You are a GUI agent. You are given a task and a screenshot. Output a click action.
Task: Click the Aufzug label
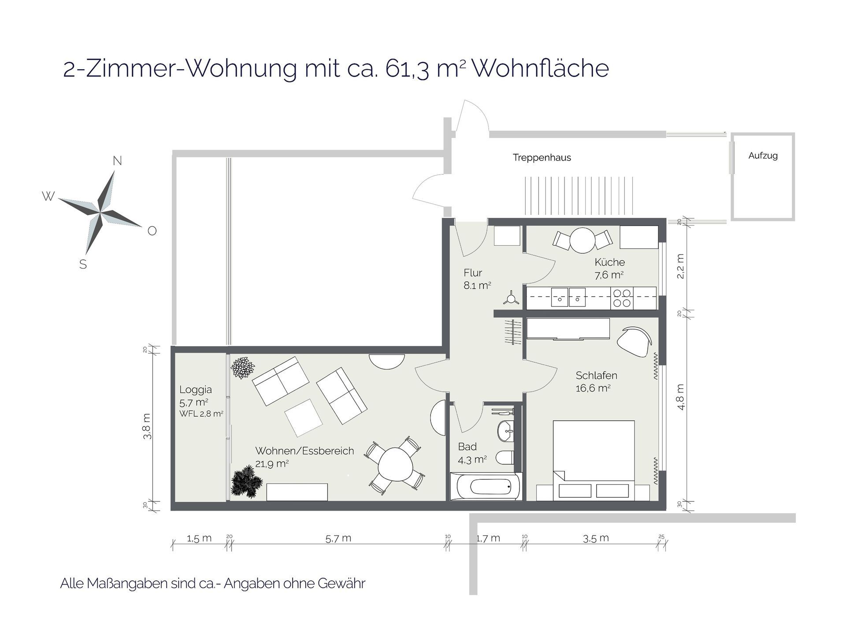763,156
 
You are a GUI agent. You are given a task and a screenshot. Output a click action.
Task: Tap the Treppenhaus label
542,157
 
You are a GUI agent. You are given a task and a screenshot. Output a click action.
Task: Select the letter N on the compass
117,161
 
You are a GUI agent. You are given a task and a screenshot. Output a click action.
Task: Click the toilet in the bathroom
505,457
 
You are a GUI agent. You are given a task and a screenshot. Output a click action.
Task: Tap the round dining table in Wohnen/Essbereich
395,465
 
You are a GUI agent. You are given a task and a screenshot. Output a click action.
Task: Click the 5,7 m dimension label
338,538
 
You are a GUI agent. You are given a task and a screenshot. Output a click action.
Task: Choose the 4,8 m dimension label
681,397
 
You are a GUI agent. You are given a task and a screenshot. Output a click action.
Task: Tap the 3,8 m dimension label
147,426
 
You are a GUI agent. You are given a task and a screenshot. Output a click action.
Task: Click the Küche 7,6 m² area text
609,268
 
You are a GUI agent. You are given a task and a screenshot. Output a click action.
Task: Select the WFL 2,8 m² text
201,414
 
